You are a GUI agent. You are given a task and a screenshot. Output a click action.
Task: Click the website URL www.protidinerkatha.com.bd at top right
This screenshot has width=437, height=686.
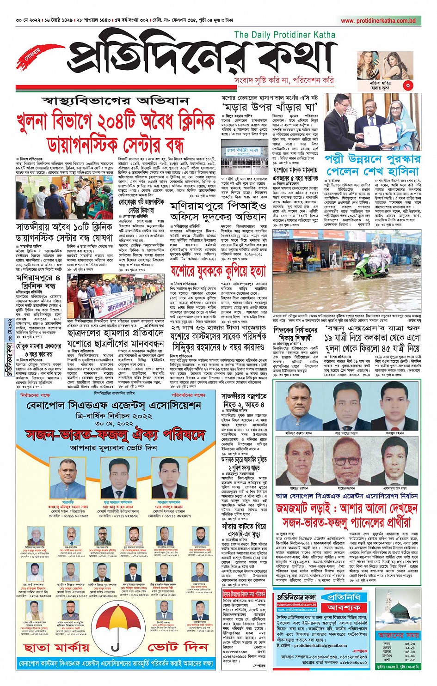click(x=378, y=21)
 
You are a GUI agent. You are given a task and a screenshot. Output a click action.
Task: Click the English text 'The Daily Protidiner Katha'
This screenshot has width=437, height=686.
click(x=284, y=35)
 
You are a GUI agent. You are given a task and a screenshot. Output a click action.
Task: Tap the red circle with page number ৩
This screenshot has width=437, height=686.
click(x=407, y=85)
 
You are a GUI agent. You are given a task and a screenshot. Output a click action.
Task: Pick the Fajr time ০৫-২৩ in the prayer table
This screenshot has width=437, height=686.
click(x=410, y=643)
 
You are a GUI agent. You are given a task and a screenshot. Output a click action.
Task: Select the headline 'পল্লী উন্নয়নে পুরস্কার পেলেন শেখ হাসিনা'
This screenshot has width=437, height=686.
click(x=372, y=165)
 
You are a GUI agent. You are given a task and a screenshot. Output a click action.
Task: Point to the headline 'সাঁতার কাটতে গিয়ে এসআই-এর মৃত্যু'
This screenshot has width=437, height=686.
click(x=244, y=530)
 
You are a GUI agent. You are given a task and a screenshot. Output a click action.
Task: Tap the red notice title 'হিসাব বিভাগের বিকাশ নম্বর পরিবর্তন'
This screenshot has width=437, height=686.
click(x=244, y=594)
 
